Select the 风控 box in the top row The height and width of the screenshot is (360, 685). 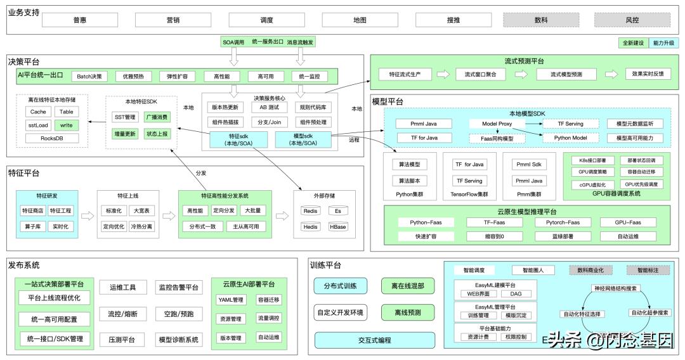(632, 20)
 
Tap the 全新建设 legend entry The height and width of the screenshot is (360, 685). (632, 43)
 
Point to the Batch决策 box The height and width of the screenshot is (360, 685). (89, 77)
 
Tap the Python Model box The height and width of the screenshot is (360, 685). (570, 138)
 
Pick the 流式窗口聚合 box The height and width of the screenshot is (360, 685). (481, 74)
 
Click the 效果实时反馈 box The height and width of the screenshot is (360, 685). (648, 74)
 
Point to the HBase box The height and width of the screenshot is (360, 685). (337, 226)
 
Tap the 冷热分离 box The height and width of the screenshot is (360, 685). (141, 226)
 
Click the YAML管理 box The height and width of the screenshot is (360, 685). (230, 300)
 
